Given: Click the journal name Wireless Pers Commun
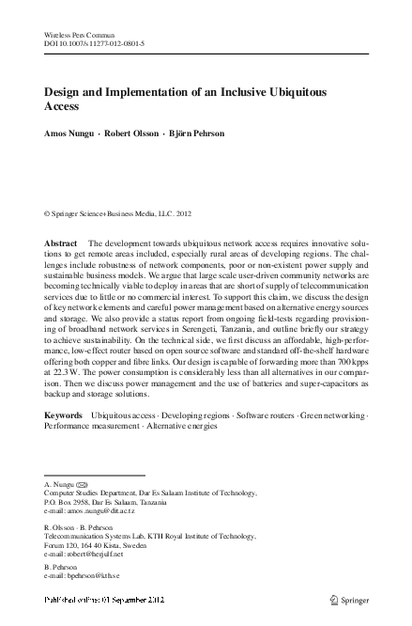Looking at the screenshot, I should pos(74,33).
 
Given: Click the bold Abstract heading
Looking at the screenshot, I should pos(61,243).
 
